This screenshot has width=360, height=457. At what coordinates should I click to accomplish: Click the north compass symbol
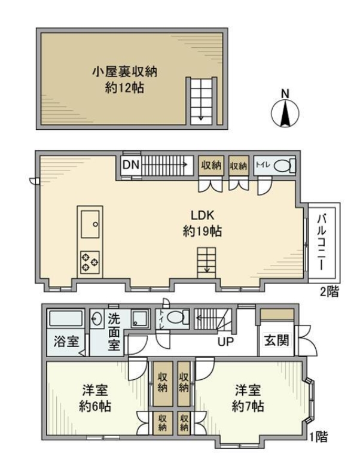click(285, 113)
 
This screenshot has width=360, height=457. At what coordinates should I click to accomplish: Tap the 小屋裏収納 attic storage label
click(124, 72)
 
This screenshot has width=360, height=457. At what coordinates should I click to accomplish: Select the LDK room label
click(203, 215)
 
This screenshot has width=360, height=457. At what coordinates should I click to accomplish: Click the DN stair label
click(131, 165)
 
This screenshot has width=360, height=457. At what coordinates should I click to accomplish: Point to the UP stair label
click(226, 342)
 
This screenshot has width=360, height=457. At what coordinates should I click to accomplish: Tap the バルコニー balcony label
click(322, 242)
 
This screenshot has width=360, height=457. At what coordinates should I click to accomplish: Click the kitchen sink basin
click(90, 224)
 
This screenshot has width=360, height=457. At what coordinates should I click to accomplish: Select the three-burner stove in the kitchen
click(90, 261)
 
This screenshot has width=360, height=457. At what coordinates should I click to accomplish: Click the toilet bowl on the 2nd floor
click(282, 166)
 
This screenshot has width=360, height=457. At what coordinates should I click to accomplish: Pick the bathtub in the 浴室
click(66, 319)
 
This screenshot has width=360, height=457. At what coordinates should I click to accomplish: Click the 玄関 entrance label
click(276, 340)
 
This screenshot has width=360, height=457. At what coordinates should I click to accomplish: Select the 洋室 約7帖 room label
click(248, 398)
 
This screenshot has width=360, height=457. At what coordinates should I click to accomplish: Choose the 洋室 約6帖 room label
click(95, 398)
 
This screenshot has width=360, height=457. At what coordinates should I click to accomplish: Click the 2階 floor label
click(330, 291)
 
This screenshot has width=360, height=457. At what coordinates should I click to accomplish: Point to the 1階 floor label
click(318, 437)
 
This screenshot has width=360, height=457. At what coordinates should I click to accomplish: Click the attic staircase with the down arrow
click(202, 101)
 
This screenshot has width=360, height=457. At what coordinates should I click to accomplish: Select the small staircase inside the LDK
click(206, 263)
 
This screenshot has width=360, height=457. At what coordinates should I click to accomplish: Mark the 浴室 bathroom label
click(66, 342)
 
